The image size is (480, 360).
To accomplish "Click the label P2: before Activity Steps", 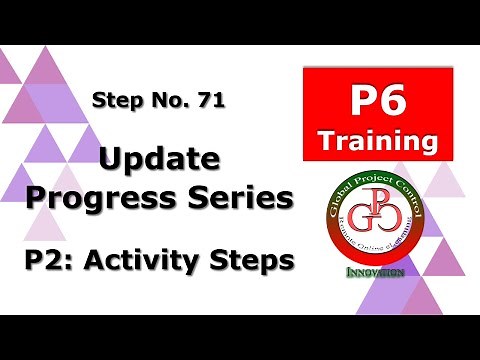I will click(51, 262).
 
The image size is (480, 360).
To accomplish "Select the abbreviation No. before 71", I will click(166, 100).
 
